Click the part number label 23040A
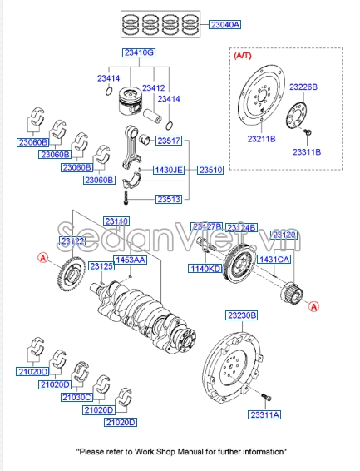pyautogui.click(x=224, y=25)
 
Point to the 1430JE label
pyautogui.click(x=167, y=170)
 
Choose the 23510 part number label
pyautogui.click(x=211, y=170)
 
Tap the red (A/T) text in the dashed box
pyautogui.click(x=242, y=56)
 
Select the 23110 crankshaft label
pyautogui.click(x=116, y=221)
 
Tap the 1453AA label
pyautogui.click(x=130, y=260)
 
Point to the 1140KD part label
pyautogui.click(x=204, y=269)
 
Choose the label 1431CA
pyautogui.click(x=274, y=260)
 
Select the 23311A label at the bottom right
pyautogui.click(x=265, y=414)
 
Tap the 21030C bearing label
pyautogui.click(x=76, y=398)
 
